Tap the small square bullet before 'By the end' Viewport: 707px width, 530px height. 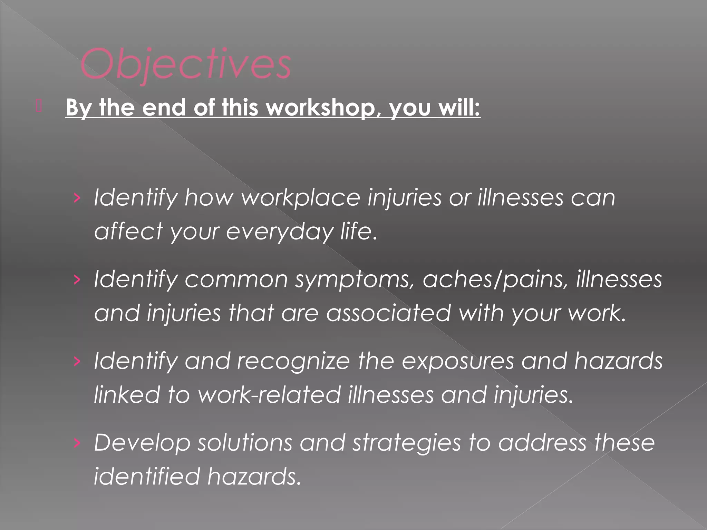[39, 106]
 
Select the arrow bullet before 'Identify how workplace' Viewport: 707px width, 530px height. [77, 198]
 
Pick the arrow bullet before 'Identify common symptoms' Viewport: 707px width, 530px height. [77, 279]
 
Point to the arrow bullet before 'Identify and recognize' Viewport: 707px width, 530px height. [77, 361]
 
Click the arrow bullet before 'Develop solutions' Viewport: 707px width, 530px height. [77, 443]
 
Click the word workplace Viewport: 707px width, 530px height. [300, 198]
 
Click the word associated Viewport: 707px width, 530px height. [388, 313]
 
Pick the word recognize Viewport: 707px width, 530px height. [293, 361]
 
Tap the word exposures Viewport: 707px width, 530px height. [458, 361]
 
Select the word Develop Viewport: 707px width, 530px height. [142, 443]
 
